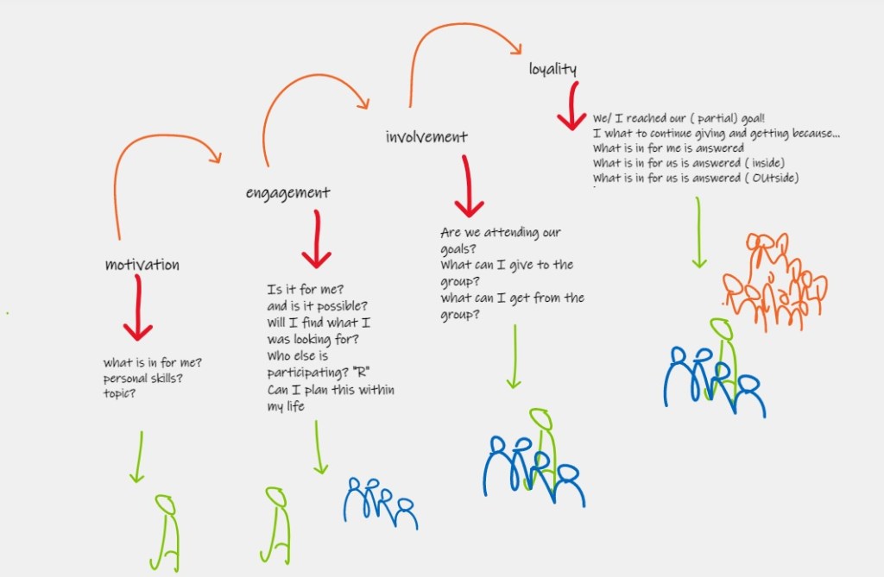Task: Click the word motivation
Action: point(142,265)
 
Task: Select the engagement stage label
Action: point(287,192)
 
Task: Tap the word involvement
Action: point(426,136)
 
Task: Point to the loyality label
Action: point(552,69)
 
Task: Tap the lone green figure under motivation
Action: point(165,530)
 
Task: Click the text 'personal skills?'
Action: point(143,379)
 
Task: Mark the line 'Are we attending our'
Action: point(501,233)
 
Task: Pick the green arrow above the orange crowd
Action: point(698,233)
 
